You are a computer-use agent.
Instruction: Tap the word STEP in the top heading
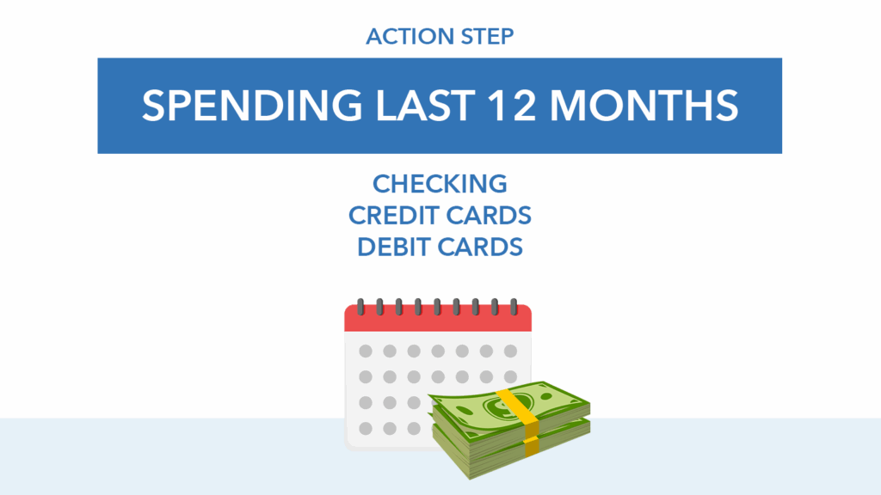pos(487,36)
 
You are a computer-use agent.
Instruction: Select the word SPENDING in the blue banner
pos(252,106)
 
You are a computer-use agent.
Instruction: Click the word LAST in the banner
pos(425,106)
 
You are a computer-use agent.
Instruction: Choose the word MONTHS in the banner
pos(644,106)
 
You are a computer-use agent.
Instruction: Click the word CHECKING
pos(440,184)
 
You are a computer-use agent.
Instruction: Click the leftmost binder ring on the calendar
pos(360,307)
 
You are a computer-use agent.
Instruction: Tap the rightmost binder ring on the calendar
pos(514,307)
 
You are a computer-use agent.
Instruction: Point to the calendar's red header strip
pos(438,318)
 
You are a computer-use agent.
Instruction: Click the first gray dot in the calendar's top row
pos(366,351)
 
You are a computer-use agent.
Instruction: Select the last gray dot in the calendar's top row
pos(511,351)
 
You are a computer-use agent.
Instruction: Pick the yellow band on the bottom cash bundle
pos(532,446)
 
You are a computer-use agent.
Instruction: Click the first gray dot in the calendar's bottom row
pos(366,429)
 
